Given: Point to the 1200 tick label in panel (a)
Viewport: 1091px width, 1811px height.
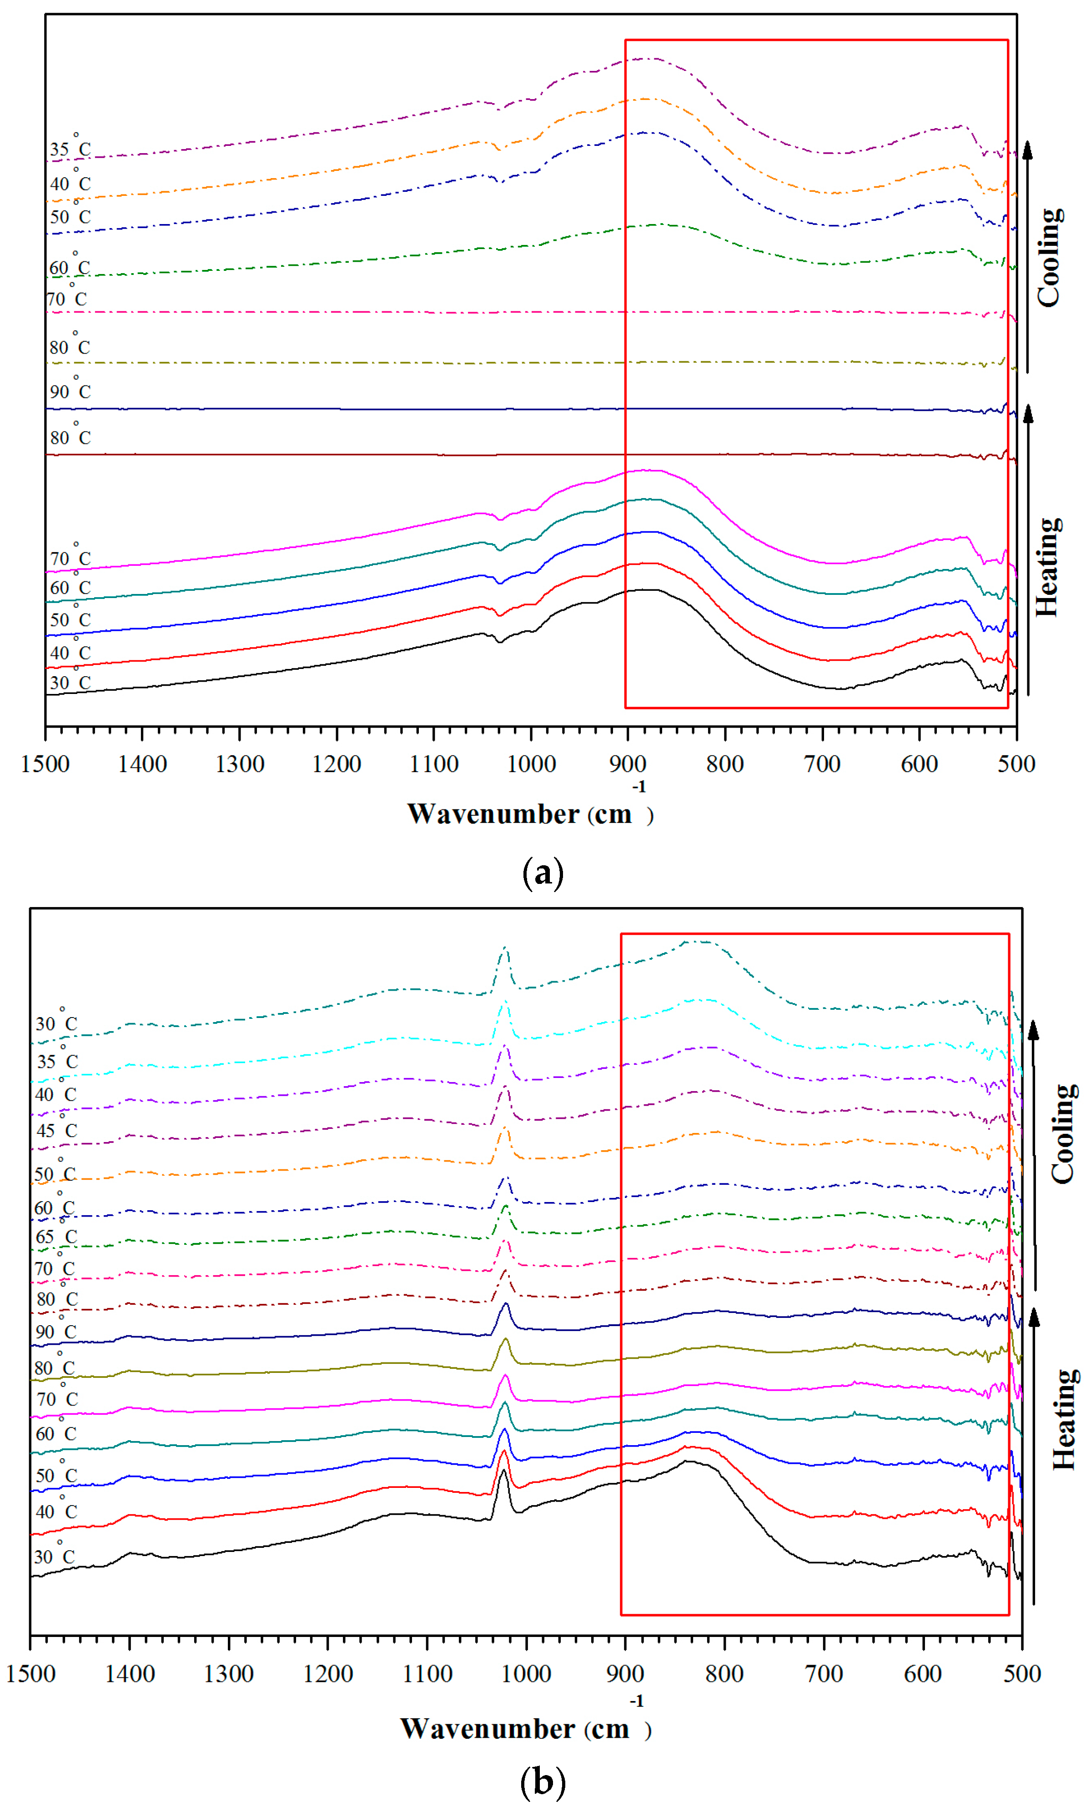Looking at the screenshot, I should (337, 764).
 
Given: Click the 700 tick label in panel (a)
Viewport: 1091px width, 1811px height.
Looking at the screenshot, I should (822, 764).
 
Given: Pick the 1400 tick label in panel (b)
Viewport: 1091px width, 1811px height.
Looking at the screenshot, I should (130, 1674).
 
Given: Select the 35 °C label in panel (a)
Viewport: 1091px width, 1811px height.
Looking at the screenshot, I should (70, 149).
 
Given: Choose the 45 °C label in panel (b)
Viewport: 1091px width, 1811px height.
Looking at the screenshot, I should (56, 1130).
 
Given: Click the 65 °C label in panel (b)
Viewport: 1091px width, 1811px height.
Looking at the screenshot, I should (56, 1237).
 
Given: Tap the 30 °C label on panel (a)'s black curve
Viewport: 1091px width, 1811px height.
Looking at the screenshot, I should (70, 682).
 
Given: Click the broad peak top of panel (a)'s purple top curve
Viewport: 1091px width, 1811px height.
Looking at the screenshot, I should (647, 59).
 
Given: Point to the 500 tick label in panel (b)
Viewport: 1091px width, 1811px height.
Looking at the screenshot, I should (1022, 1674).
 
